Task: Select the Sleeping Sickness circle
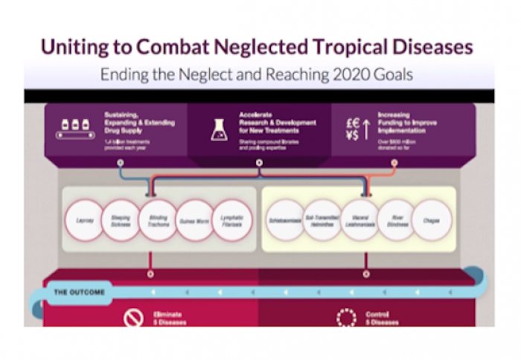pos(121,220)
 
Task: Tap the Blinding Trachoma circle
pos(159,220)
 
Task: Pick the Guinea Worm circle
pos(196,220)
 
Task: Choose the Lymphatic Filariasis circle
pos(234,220)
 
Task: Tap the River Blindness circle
pos(398,220)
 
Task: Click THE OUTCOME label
pos(79,292)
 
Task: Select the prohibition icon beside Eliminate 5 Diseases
pos(132,318)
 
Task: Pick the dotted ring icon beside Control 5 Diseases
pos(346,318)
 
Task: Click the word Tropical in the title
pos(343,47)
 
